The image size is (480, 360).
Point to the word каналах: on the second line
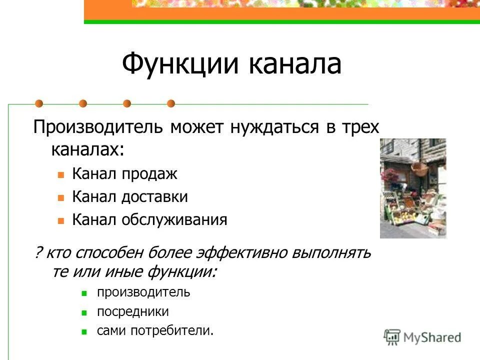[x=87, y=148]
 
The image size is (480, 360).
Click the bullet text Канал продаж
[x=124, y=174]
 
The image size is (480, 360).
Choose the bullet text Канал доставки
[x=130, y=197]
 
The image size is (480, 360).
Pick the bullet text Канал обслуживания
[x=149, y=219]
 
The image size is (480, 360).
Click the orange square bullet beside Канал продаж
[x=60, y=175]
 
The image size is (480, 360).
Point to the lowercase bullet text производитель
[x=143, y=292]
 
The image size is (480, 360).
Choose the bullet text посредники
[x=133, y=312]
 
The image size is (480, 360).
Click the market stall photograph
[x=412, y=188]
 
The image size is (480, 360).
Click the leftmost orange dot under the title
[x=39, y=103]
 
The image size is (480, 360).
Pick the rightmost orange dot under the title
[x=171, y=103]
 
